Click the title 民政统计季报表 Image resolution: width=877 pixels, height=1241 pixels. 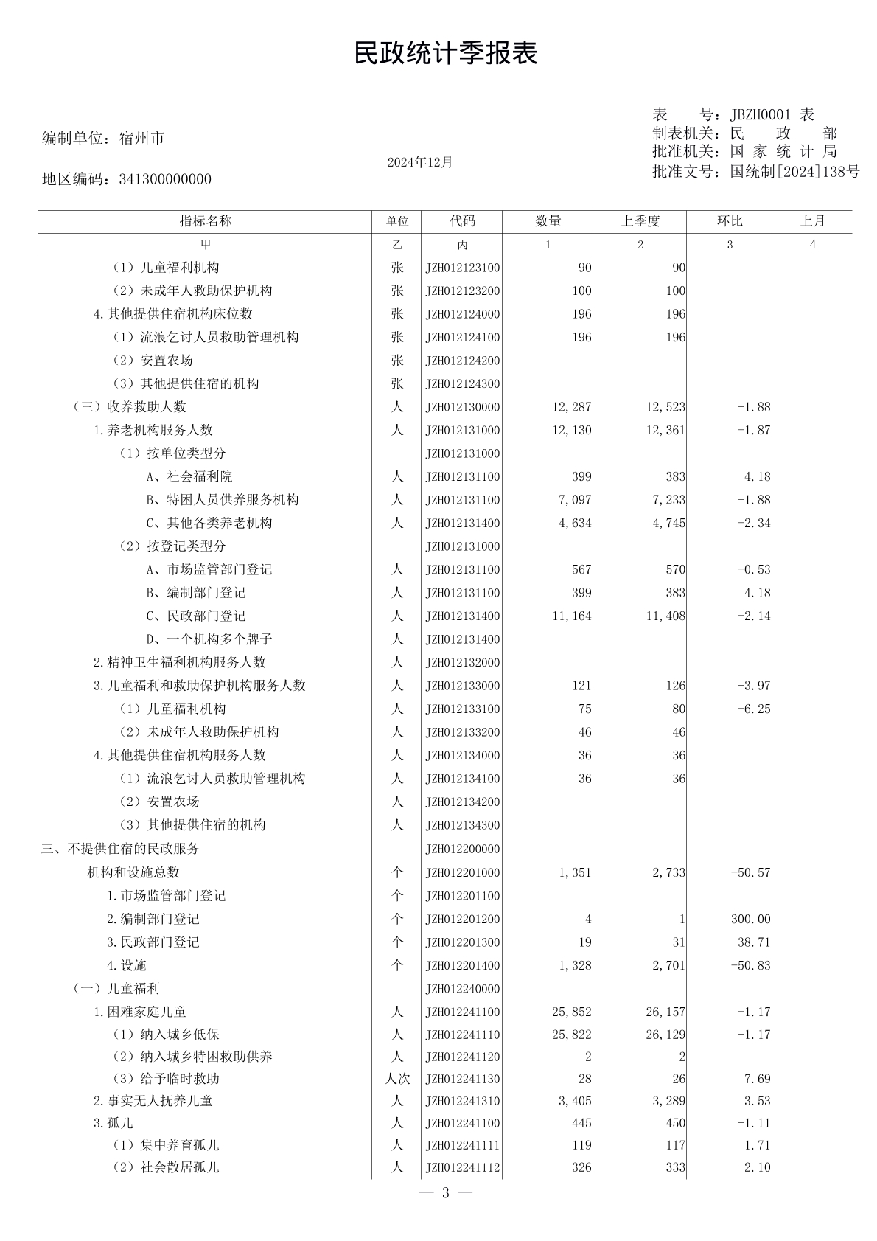click(445, 53)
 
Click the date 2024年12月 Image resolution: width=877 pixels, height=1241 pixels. click(419, 162)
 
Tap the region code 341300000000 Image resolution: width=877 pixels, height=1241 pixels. click(164, 179)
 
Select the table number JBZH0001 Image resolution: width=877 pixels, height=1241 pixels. click(760, 114)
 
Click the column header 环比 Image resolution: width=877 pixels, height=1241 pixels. click(729, 221)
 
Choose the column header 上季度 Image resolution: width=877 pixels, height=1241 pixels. click(640, 221)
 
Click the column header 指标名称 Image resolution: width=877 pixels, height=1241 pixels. click(205, 221)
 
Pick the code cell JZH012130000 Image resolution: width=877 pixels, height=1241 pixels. click(462, 407)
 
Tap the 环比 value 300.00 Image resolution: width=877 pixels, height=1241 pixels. click(751, 919)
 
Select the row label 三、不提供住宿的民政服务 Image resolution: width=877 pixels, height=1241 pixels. click(120, 849)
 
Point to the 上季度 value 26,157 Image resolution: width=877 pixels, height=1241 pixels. click(665, 1012)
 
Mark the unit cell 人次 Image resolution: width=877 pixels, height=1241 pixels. click(397, 1079)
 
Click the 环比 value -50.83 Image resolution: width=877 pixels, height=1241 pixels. click(750, 965)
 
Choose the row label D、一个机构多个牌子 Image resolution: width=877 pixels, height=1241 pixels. click(209, 639)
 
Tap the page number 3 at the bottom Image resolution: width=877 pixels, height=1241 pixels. click(445, 1193)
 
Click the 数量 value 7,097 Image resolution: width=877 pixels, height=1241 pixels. click(574, 500)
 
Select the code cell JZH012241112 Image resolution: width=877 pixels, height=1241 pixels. click(462, 1167)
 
